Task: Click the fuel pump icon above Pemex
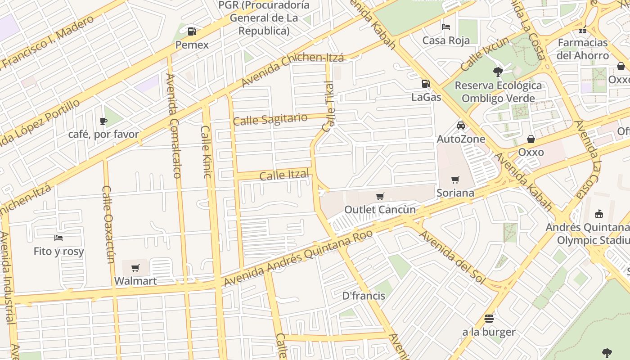(x=192, y=31)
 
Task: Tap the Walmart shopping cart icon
(x=135, y=268)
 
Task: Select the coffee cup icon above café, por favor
(x=103, y=121)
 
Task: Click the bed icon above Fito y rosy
(x=58, y=238)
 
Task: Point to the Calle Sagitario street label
(x=270, y=120)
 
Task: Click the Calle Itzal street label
(x=284, y=175)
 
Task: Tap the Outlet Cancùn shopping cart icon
(x=380, y=196)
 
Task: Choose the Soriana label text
(x=455, y=193)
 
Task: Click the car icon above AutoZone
(x=461, y=126)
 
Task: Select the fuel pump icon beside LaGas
(x=426, y=84)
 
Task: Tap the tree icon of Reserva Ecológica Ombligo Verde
(x=498, y=72)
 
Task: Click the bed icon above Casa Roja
(x=446, y=27)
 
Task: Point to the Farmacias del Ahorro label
(x=583, y=49)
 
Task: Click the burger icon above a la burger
(x=489, y=319)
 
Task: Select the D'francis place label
(x=364, y=296)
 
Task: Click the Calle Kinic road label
(x=206, y=152)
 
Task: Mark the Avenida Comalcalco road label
(x=173, y=126)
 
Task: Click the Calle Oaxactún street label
(x=108, y=224)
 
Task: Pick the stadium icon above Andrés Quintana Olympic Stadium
(x=599, y=214)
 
